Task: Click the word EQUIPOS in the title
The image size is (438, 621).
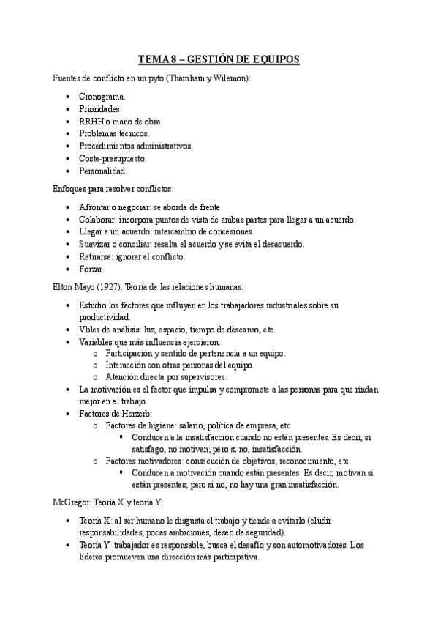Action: [273, 59]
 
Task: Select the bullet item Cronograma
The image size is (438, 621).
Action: [102, 96]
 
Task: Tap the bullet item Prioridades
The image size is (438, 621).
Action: [100, 108]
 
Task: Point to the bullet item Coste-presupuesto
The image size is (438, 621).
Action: [113, 158]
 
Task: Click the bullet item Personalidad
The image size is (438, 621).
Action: [102, 171]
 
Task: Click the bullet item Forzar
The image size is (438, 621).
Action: [91, 269]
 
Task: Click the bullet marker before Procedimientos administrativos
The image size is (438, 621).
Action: [68, 146]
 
